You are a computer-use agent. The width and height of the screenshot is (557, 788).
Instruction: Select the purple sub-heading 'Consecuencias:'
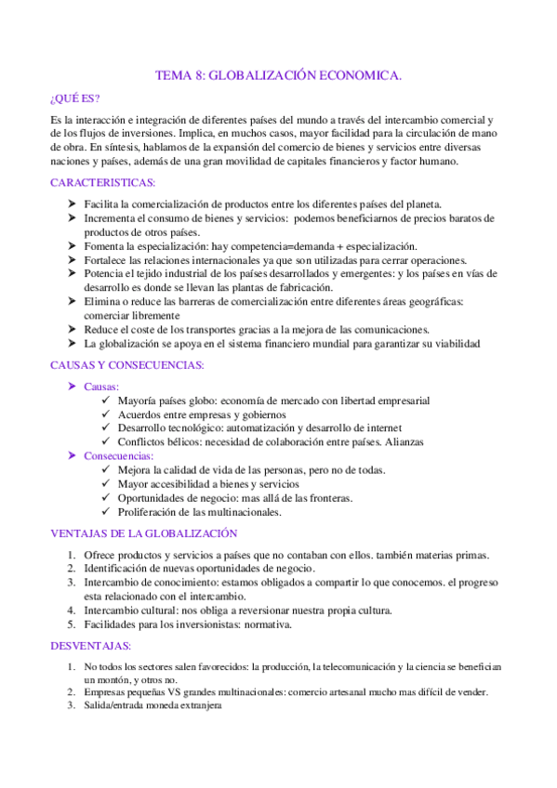(x=119, y=456)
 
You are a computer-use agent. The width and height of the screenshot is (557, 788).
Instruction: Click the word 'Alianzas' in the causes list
(x=402, y=442)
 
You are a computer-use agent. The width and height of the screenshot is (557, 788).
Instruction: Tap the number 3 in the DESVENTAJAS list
(x=72, y=705)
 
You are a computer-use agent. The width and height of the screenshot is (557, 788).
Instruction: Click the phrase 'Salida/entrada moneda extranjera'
(x=154, y=705)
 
